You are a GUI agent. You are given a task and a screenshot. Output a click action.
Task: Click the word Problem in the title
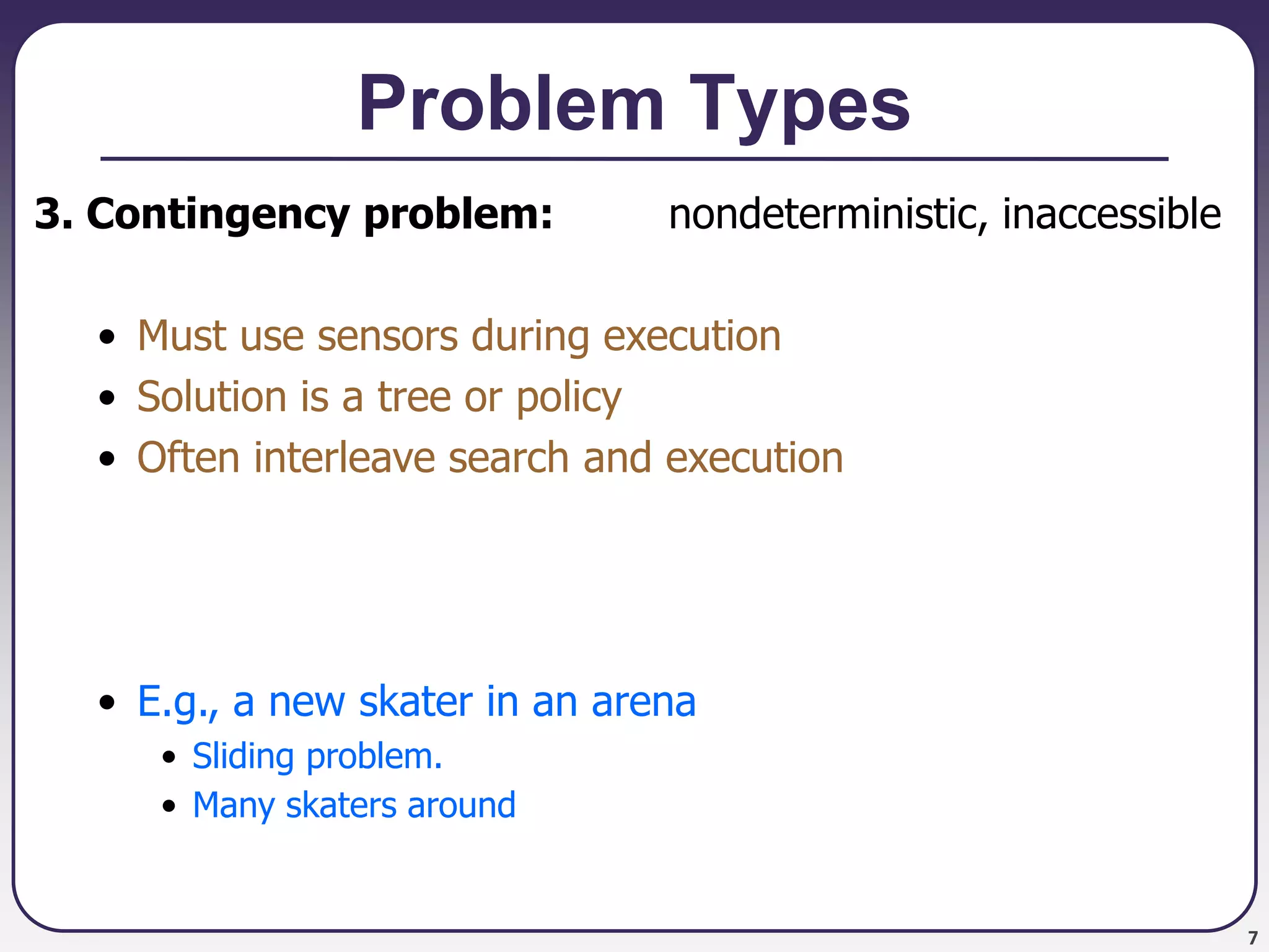[511, 104]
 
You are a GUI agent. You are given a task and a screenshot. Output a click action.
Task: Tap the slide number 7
[1252, 938]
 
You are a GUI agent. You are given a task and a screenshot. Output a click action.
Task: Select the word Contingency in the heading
[218, 214]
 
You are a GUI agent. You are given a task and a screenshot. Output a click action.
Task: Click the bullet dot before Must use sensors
[107, 337]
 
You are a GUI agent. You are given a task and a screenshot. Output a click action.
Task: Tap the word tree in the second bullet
[414, 397]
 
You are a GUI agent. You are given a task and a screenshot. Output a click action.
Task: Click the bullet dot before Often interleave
[107, 459]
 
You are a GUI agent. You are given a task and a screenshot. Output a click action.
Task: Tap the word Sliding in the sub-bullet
[243, 757]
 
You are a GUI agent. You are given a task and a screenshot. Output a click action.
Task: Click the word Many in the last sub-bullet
[233, 806]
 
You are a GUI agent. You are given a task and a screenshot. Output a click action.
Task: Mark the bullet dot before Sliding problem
[169, 757]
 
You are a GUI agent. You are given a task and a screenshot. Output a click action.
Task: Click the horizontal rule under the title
[634, 159]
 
